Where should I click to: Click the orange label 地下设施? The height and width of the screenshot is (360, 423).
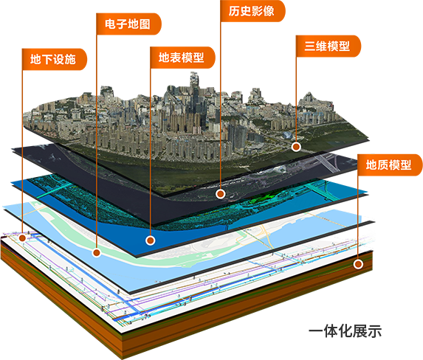54,59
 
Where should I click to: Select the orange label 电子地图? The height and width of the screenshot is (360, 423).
128,24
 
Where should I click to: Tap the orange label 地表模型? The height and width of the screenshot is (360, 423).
182,58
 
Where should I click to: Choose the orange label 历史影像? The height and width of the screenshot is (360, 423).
252,11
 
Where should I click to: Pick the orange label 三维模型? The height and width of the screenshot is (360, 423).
329,46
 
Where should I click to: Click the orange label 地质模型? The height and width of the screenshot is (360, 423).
390,165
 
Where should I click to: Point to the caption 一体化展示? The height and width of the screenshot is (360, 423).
345,331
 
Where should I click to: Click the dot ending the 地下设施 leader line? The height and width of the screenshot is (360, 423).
22,238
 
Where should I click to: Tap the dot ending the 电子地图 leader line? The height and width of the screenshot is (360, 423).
96,253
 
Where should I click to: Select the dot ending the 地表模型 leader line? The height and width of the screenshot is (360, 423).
151,240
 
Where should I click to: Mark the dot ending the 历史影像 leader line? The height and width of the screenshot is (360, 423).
221,193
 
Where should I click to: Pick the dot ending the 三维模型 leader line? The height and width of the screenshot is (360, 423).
296,147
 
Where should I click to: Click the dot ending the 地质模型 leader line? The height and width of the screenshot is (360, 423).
358,264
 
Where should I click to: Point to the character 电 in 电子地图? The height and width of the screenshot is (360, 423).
110,24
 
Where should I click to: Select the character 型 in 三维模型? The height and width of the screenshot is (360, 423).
345,46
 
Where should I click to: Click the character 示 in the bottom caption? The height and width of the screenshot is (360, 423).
374,331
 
